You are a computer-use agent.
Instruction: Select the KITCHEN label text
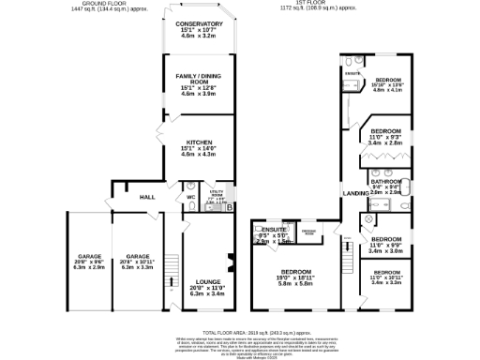point(197,142)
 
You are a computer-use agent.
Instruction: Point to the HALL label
point(147,198)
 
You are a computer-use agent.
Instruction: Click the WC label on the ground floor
point(190,197)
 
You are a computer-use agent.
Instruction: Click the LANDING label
point(355,193)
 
